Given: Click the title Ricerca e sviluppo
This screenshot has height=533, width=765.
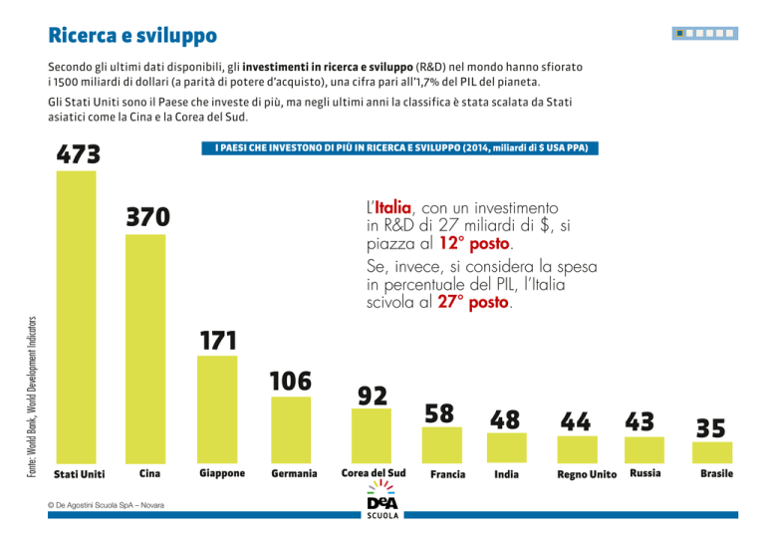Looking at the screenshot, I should tap(132, 37).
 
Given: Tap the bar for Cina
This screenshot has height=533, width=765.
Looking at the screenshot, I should tap(147, 349).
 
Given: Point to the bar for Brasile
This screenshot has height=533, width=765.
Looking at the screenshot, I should tap(711, 451).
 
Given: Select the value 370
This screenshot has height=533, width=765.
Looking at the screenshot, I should tap(147, 217).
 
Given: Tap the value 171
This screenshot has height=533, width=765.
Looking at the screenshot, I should tap(217, 341).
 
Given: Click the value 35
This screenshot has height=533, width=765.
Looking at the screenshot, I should tap(710, 428).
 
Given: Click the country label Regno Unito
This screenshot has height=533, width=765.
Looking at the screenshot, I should tap(587, 474).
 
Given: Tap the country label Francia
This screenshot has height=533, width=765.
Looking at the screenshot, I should tap(447, 474).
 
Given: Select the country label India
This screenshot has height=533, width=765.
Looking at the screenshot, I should tap(506, 474).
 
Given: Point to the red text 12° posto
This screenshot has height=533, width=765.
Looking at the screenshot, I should tap(474, 243).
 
